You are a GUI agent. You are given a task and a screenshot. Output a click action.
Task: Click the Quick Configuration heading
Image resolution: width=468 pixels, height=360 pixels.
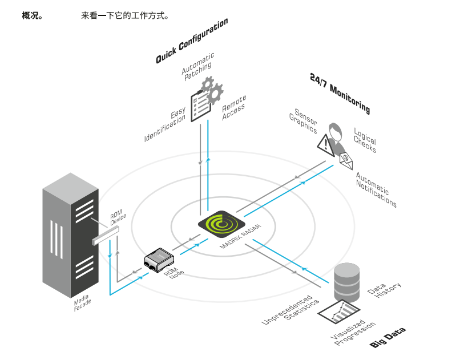[192, 41]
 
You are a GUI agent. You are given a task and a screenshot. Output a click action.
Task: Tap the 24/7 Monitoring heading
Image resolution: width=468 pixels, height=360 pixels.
[340, 93]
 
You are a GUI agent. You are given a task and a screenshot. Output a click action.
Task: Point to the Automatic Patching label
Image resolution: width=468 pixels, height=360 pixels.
[198, 67]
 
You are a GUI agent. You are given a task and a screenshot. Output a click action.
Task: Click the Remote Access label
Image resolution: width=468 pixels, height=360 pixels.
[234, 104]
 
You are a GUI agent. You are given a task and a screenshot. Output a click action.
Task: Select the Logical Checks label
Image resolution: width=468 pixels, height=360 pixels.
[365, 139]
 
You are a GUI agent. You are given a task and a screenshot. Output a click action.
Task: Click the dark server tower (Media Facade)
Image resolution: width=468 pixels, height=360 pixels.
[68, 234]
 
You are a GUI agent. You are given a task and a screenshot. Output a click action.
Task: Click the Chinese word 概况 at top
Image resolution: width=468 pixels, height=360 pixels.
[32, 15]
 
